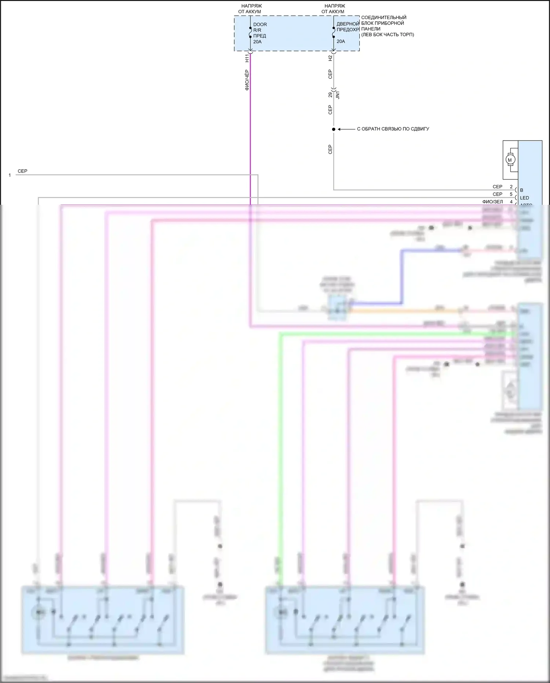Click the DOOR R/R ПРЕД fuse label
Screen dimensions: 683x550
(x=260, y=30)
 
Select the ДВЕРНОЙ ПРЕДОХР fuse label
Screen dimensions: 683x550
(x=348, y=27)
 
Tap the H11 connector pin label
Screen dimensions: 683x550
(x=247, y=58)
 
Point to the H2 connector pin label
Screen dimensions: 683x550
(x=330, y=58)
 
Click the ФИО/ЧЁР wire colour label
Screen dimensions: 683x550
(x=247, y=80)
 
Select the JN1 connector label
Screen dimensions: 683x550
(x=338, y=95)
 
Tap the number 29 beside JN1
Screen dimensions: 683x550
(x=330, y=95)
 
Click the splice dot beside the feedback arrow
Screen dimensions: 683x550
(x=334, y=129)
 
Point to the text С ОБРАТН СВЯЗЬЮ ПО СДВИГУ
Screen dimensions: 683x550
(x=393, y=129)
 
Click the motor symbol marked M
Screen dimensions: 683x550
(x=510, y=160)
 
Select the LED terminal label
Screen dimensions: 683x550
(x=524, y=198)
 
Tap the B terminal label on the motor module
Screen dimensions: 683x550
(x=521, y=190)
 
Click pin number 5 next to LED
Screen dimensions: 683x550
(x=511, y=194)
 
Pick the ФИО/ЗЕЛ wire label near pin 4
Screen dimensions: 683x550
(x=492, y=201)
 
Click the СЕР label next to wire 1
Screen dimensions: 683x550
(x=22, y=171)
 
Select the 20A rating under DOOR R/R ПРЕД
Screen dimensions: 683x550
(x=257, y=42)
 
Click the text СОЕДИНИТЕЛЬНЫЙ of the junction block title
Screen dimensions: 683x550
(x=384, y=17)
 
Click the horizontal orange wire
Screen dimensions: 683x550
(x=403, y=311)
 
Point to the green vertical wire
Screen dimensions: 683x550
(x=280, y=440)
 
